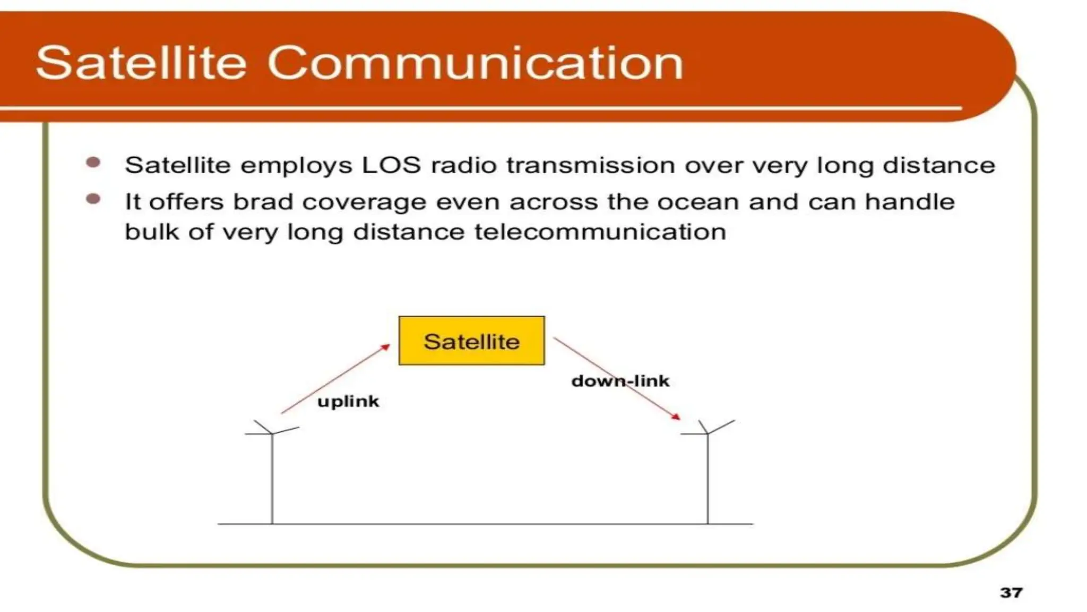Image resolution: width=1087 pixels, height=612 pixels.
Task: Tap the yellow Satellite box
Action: click(471, 341)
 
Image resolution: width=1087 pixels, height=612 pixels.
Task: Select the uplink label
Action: click(348, 401)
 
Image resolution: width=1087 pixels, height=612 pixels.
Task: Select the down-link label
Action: click(620, 381)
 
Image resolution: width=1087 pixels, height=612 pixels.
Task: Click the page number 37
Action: click(1011, 592)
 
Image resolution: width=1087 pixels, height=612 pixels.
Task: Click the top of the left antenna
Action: click(272, 433)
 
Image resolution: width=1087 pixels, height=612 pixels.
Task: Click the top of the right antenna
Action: click(708, 433)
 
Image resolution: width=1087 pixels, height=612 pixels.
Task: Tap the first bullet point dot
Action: click(93, 163)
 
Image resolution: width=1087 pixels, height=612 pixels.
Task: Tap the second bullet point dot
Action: click(93, 199)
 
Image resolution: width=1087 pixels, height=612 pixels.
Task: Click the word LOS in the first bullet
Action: click(391, 165)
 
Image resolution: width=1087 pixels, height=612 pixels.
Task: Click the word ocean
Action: click(698, 202)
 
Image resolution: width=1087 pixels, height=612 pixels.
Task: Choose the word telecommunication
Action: click(600, 232)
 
